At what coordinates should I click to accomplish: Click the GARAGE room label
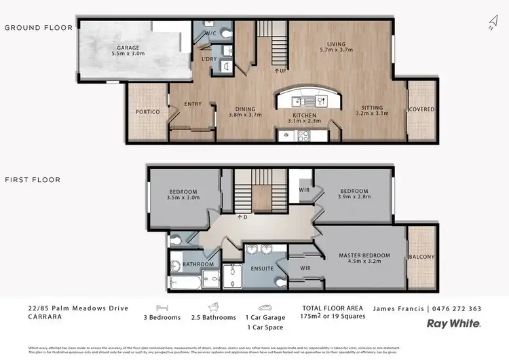point(128,48)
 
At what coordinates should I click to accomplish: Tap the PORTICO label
point(147,111)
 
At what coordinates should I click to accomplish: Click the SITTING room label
point(372,108)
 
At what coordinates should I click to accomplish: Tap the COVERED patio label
point(421,109)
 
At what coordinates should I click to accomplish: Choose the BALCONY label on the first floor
point(421,257)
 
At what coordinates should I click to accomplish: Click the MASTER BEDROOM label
point(365,255)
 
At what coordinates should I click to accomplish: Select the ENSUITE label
point(261,269)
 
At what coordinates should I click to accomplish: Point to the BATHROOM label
point(197,264)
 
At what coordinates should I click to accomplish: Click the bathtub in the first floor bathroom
point(184,282)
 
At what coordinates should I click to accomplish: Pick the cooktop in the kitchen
point(302,134)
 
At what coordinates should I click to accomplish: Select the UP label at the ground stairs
point(279,70)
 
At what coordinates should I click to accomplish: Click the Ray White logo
point(453,324)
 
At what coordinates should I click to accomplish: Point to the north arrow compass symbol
point(492,24)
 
